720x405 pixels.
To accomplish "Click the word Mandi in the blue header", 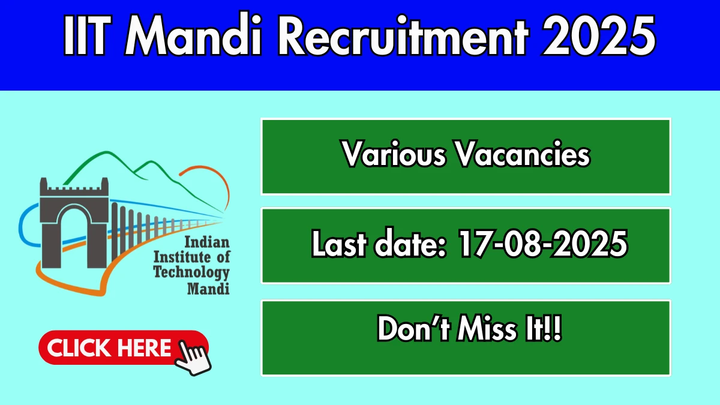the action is (193, 35).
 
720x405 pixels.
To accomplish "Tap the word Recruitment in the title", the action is (403, 35).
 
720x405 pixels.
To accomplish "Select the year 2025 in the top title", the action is (599, 35).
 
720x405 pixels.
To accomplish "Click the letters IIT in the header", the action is (87, 35).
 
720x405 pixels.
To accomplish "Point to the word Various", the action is (394, 154).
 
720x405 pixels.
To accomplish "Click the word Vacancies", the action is (523, 154).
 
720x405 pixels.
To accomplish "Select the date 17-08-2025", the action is (543, 244).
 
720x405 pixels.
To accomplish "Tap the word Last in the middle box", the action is (339, 244).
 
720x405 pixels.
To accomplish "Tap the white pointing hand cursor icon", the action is (193, 358).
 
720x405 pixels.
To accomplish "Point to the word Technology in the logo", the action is (191, 272).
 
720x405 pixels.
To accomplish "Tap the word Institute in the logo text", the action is (182, 257).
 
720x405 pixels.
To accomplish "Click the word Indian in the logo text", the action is (207, 242).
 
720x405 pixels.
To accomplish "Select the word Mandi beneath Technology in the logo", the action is (208, 289).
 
